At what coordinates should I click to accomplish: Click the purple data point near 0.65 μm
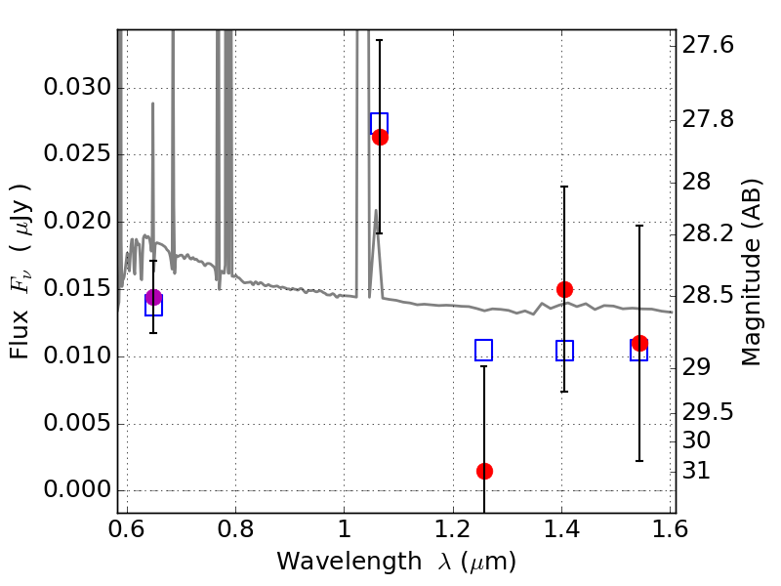coord(153,298)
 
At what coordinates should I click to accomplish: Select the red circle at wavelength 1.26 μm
coord(484,471)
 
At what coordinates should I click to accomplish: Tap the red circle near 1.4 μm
coord(564,289)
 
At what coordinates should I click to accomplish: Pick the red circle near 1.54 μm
coord(639,344)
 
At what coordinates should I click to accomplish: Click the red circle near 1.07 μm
coord(380,137)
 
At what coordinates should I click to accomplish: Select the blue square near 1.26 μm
coord(483,350)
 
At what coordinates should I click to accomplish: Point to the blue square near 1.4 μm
coord(564,351)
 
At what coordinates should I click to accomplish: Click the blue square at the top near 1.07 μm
coord(379,123)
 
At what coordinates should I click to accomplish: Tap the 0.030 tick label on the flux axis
coord(77,87)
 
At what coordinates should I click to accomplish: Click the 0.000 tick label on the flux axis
coord(77,490)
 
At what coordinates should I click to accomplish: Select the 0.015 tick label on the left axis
coord(77,288)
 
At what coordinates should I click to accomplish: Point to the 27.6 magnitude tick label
coord(708,45)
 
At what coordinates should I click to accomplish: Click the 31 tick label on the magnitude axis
coord(696,471)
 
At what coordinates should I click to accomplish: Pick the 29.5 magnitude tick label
coord(708,412)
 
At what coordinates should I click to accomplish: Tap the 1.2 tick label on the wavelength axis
coord(453,529)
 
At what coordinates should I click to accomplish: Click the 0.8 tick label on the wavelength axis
coord(235,529)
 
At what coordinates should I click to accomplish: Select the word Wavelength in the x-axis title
coord(349,562)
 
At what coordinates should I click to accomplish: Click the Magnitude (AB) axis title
coord(751,272)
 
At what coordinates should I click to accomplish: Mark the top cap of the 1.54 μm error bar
coord(639,226)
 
